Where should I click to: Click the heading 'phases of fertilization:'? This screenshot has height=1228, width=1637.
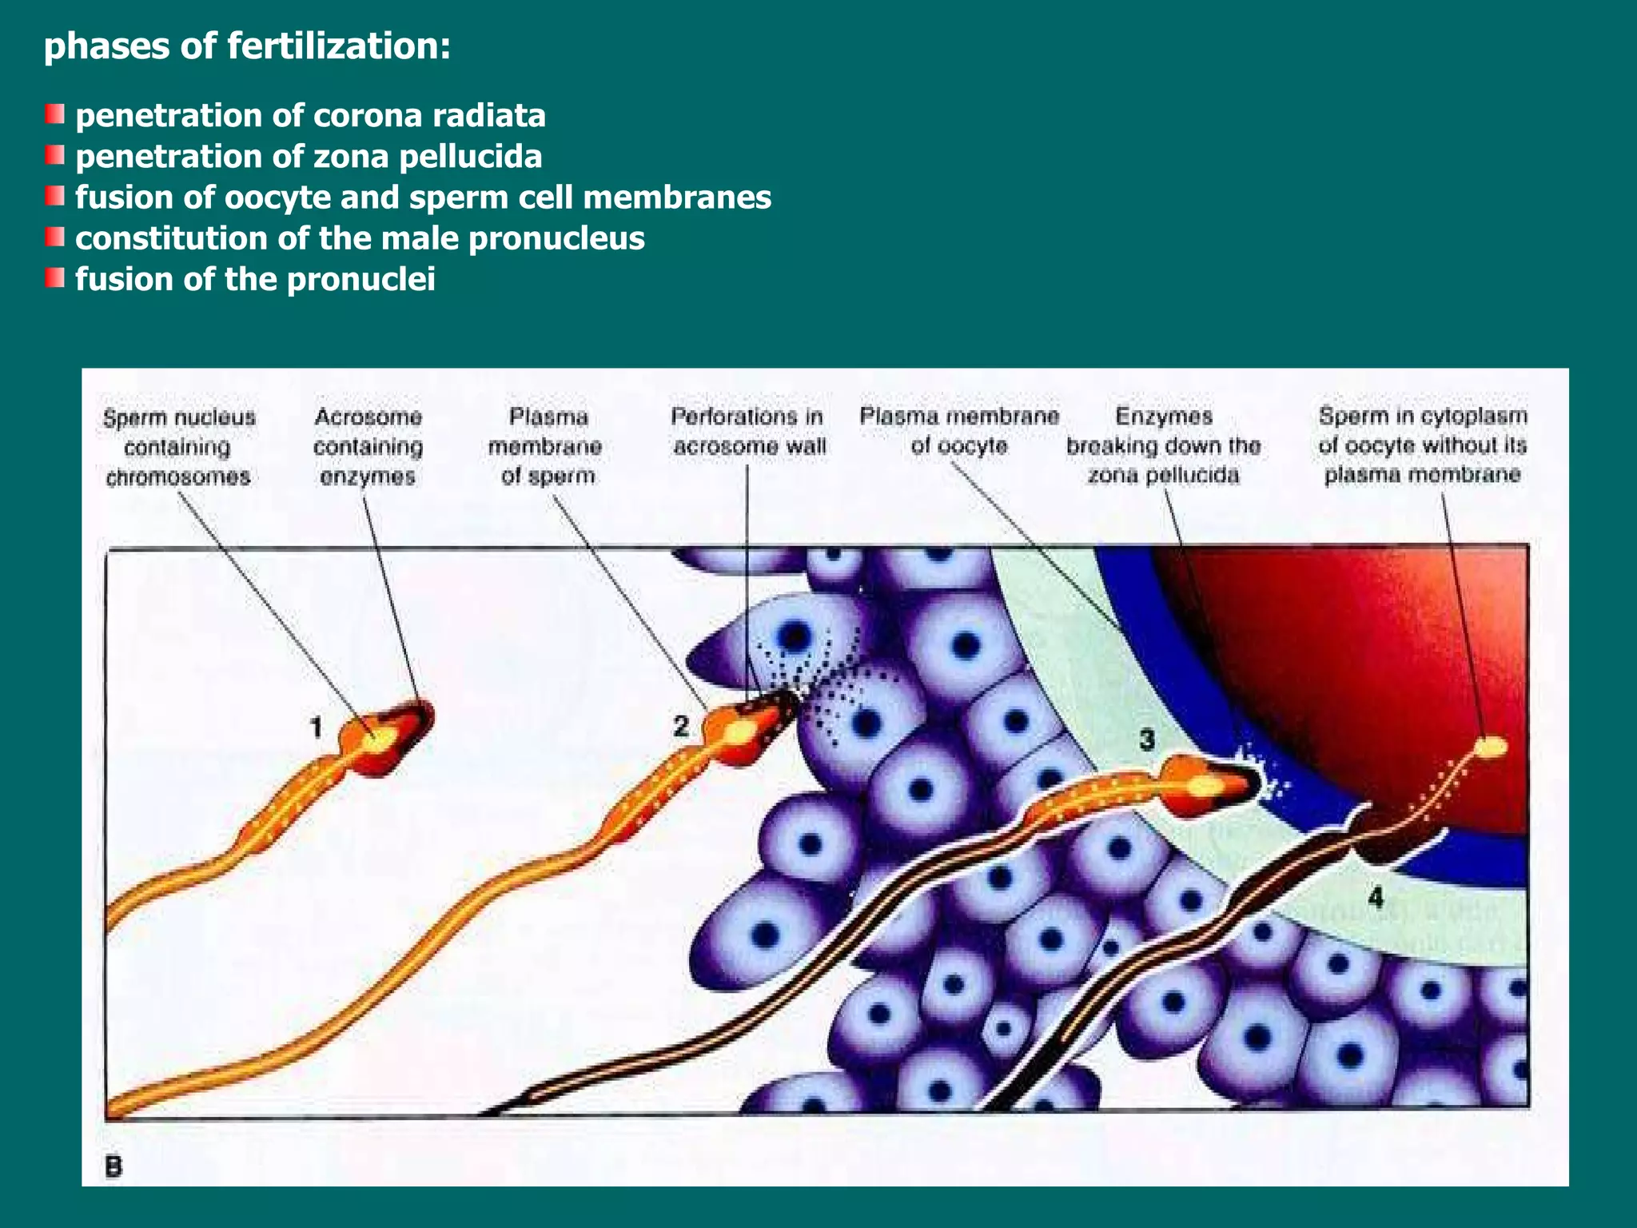click(x=247, y=46)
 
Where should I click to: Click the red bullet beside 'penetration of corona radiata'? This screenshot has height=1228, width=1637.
click(x=54, y=115)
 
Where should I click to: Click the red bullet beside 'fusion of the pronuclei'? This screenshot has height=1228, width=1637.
click(x=54, y=278)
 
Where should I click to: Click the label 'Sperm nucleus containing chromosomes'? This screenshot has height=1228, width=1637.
click(x=179, y=447)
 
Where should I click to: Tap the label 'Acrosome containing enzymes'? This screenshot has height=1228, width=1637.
click(x=368, y=446)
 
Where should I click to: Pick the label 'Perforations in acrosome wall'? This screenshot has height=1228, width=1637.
click(x=748, y=431)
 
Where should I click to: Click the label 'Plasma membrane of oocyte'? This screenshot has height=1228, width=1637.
click(x=959, y=431)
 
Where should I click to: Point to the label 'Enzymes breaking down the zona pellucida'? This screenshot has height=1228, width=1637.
click(x=1164, y=445)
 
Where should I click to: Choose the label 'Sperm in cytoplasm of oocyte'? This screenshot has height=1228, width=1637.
click(x=1423, y=445)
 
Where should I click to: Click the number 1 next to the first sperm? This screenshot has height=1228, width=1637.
click(x=317, y=728)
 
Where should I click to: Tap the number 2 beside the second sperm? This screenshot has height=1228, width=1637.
click(x=681, y=726)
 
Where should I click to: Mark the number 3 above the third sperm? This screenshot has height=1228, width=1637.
click(x=1147, y=740)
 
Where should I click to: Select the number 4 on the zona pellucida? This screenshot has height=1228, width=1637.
click(x=1376, y=898)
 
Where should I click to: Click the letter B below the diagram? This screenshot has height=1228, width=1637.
click(x=114, y=1167)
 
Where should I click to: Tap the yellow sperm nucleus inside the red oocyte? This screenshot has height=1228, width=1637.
click(x=1491, y=747)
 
